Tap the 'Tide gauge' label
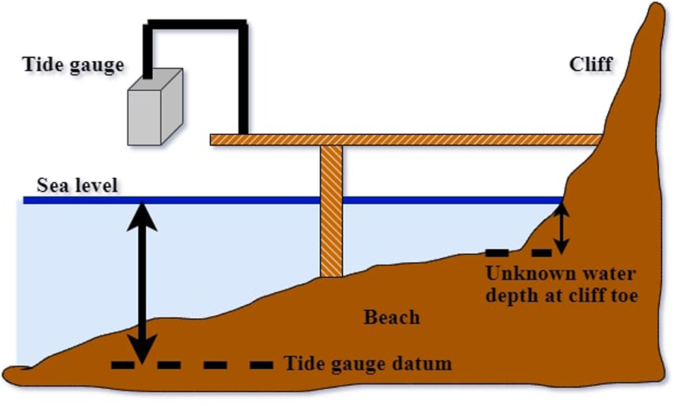pos(74,66)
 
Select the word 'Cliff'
pos(590,64)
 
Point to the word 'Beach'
pos(392,317)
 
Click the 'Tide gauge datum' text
pos(368,364)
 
